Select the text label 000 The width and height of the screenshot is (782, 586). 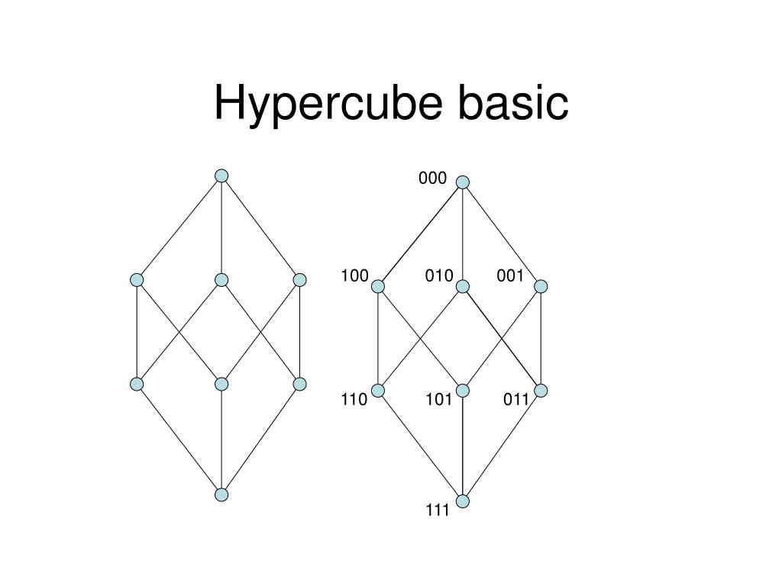pos(432,179)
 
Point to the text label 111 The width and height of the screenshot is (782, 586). pos(438,511)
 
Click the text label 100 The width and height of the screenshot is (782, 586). pos(354,275)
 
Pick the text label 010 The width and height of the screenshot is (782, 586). pos(439,275)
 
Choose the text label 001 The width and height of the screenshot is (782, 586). pos(510,275)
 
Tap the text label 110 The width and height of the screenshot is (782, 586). pos(354,399)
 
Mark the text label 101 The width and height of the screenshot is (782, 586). pos(439,399)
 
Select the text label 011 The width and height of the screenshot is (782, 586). pos(516,399)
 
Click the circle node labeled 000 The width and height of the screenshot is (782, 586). pos(463,182)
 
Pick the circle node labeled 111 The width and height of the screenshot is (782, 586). pos(463,501)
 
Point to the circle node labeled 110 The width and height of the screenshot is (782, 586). pos(378,391)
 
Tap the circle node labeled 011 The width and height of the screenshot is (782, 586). pos(541,391)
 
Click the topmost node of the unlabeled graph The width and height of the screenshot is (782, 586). pos(221,175)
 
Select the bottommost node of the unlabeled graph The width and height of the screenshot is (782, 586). pos(221,494)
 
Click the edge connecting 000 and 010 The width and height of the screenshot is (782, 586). pos(463,233)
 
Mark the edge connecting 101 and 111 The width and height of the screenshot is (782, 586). pos(463,446)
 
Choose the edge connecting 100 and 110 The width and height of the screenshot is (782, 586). pos(378,338)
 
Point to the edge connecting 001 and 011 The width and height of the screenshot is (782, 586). pos(541,338)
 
